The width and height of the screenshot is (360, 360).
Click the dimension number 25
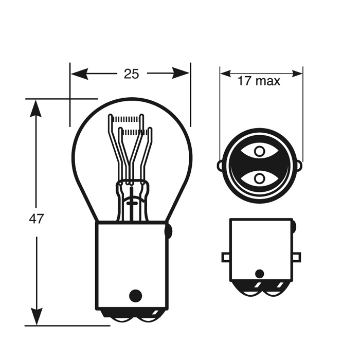131,74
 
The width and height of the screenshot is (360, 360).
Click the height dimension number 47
35,219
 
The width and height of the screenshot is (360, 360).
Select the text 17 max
259,81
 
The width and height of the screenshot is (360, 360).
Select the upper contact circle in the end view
260,152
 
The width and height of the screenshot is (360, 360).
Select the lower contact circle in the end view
260,178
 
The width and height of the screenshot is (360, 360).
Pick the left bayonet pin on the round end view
221,166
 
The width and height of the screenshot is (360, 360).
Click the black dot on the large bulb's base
135,295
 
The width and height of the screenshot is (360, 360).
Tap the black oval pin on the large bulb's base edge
168,231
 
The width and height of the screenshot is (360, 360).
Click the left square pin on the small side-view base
226,257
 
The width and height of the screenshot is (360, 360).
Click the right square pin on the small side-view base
296,257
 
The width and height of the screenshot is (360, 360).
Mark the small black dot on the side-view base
260,274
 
